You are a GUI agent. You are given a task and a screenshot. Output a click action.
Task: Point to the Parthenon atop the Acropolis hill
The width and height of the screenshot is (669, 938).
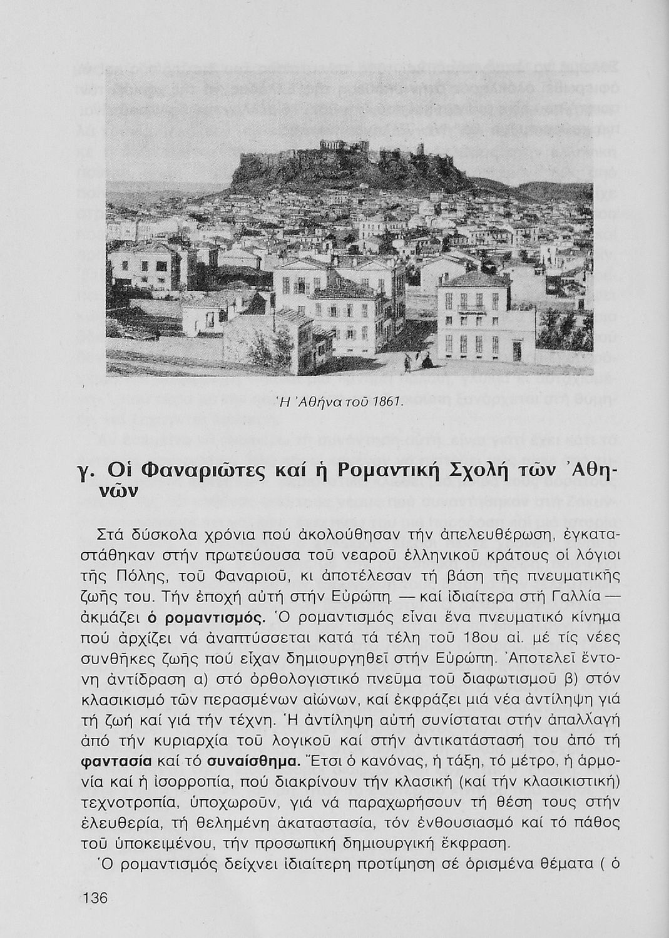pyautogui.click(x=343, y=145)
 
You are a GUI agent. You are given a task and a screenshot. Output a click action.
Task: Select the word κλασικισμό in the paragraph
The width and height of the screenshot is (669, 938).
pyautogui.click(x=130, y=700)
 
